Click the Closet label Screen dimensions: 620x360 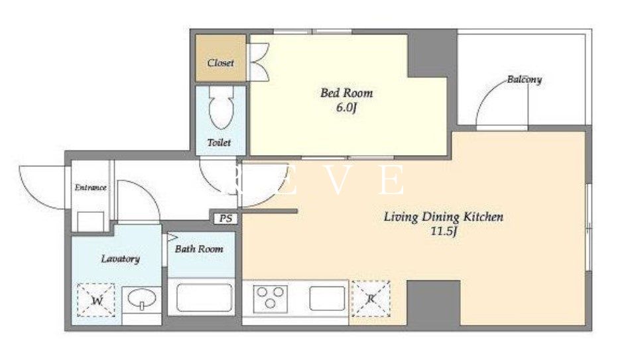pyautogui.click(x=221, y=63)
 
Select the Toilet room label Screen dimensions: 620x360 pyautogui.click(x=219, y=143)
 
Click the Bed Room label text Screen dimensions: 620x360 pyautogui.click(x=346, y=93)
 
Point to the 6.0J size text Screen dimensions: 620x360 pyautogui.click(x=346, y=107)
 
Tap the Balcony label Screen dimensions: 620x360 pyautogui.click(x=525, y=80)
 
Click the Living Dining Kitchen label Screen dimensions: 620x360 pyautogui.click(x=444, y=217)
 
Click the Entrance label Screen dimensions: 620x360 pyautogui.click(x=91, y=188)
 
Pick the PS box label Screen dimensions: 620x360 pyautogui.click(x=225, y=219)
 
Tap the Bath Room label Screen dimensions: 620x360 pyautogui.click(x=199, y=249)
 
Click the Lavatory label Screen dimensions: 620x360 pyautogui.click(x=120, y=259)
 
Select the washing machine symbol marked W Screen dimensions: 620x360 pyautogui.click(x=95, y=300)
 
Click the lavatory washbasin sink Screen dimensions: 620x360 pyautogui.click(x=141, y=299)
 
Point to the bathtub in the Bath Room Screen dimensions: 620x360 pyautogui.click(x=204, y=297)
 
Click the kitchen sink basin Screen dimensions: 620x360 pyautogui.click(x=328, y=298)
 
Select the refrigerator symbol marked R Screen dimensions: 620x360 pyautogui.click(x=371, y=299)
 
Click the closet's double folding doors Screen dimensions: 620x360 pyautogui.click(x=258, y=62)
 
